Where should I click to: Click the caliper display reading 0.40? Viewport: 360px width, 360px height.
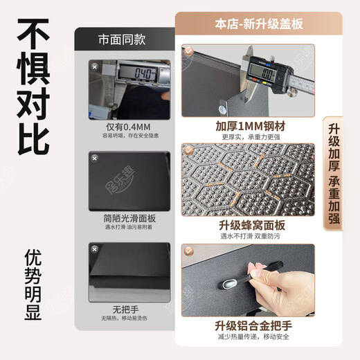(x=135, y=72)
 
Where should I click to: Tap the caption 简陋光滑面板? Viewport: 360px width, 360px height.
(x=124, y=217)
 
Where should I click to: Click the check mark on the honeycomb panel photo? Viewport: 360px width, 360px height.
(x=189, y=150)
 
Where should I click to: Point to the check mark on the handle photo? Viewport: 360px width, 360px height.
(x=189, y=250)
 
